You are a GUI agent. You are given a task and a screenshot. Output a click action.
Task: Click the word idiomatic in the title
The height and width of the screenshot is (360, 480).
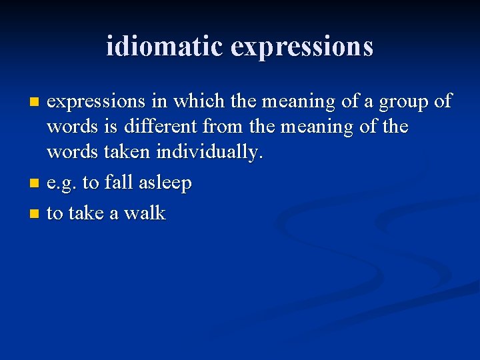click(x=164, y=46)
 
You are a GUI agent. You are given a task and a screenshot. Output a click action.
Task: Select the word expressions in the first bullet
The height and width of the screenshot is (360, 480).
click(x=96, y=102)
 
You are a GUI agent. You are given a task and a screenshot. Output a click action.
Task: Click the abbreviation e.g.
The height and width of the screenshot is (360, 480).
click(x=62, y=183)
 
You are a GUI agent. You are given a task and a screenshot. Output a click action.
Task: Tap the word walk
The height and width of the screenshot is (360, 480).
click(x=145, y=213)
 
